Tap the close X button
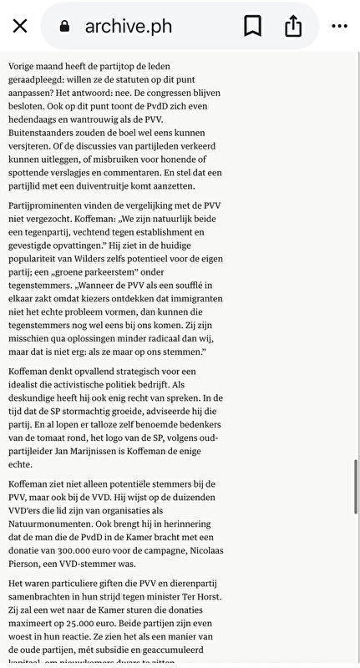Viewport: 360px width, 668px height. click(20, 27)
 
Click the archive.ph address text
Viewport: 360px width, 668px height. click(128, 27)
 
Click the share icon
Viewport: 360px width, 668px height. click(293, 27)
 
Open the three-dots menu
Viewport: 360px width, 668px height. click(339, 27)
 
